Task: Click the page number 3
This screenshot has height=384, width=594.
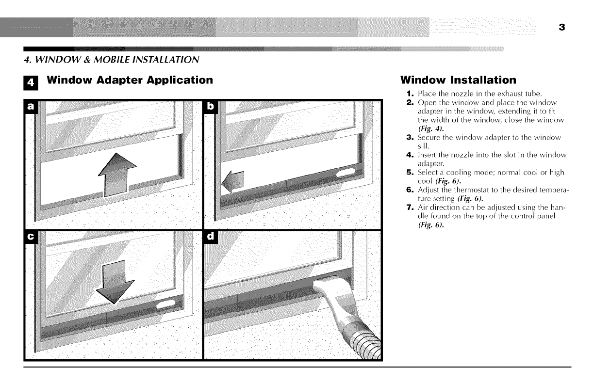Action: pos(561,28)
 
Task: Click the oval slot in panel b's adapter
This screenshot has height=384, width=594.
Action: pos(345,173)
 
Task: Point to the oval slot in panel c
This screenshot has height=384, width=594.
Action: pos(165,304)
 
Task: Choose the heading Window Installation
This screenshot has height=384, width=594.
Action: pos(458,80)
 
